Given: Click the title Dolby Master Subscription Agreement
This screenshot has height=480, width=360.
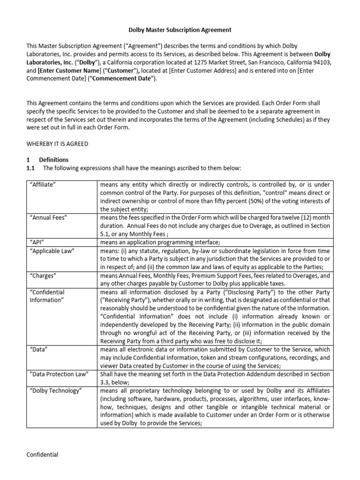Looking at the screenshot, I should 180,30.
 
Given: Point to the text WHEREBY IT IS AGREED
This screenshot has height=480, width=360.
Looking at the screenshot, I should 57,143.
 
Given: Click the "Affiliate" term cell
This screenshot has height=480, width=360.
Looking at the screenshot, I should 43,185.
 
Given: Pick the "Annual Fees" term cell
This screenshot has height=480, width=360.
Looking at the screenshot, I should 47,217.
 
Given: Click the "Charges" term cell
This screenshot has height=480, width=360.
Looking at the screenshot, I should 43,276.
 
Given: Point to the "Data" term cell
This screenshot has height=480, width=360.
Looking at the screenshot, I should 38,349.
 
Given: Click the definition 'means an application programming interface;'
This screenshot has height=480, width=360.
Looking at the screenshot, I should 160,242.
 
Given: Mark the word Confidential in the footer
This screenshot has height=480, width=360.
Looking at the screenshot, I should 42,454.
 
